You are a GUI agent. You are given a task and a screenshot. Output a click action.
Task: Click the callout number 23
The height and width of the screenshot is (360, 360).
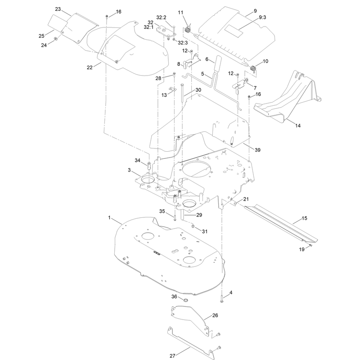(58, 9)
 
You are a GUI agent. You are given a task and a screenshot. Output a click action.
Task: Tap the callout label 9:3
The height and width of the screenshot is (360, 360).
(262, 18)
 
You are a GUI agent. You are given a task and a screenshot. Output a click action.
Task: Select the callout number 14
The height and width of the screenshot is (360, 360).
(298, 126)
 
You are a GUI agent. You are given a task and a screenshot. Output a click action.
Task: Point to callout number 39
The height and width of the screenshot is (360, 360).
(257, 150)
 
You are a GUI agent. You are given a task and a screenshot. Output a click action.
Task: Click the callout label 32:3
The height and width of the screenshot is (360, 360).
(183, 43)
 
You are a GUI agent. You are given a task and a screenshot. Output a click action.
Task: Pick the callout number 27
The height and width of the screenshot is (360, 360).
(172, 356)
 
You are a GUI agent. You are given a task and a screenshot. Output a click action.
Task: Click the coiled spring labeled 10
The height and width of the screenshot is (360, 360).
(253, 68)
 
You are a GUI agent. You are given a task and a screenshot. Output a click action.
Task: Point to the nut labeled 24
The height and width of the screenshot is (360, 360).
(55, 39)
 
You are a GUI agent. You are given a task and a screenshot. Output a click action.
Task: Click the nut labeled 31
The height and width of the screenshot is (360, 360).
(193, 227)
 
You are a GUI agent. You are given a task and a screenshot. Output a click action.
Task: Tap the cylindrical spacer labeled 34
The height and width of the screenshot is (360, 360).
(148, 166)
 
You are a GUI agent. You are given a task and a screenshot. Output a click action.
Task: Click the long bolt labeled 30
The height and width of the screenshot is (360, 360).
(182, 94)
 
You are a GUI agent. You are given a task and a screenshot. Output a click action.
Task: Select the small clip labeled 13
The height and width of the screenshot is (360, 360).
(173, 89)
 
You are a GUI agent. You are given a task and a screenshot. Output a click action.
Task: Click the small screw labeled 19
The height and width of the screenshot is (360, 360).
(310, 246)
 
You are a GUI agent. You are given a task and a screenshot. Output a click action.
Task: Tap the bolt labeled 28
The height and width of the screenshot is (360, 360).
(174, 76)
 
